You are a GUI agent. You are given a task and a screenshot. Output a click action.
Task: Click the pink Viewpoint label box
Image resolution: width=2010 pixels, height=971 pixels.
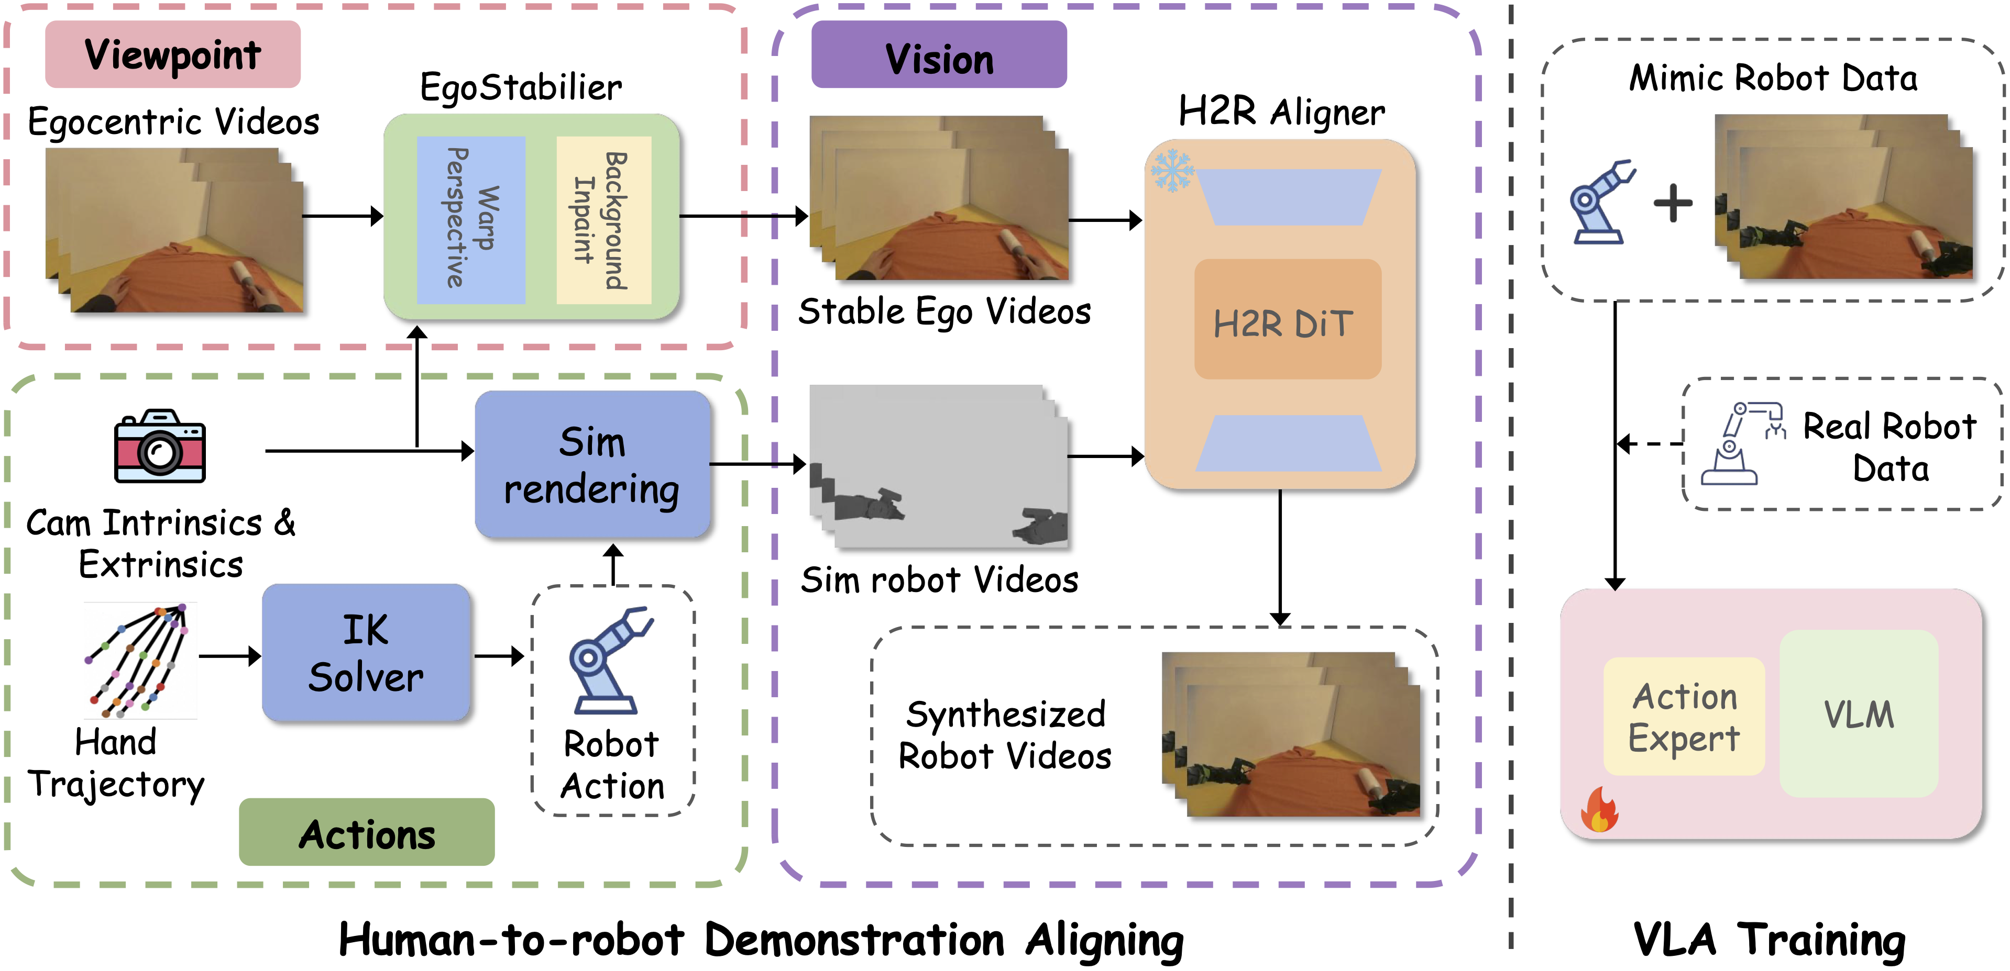tap(172, 54)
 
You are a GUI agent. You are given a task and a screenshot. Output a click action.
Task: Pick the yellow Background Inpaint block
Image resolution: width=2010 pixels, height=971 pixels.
tap(603, 219)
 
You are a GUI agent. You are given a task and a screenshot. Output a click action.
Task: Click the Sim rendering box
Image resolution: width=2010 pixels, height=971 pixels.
tap(592, 464)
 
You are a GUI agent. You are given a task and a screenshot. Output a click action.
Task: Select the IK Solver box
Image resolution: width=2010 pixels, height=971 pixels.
tap(366, 652)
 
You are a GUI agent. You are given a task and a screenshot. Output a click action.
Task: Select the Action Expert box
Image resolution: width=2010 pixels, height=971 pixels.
tap(1684, 716)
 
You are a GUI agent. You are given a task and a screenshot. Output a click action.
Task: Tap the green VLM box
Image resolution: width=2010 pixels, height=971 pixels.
tap(1859, 713)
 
